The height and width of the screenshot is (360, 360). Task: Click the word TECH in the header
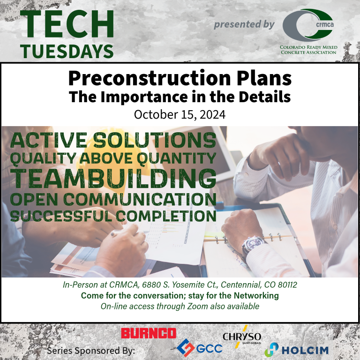point(67,24)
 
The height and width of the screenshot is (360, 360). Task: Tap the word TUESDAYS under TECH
point(67,51)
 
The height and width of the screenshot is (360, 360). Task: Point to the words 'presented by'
point(244,24)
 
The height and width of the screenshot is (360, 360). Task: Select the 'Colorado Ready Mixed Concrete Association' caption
point(308,50)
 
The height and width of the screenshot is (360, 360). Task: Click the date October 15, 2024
point(180,114)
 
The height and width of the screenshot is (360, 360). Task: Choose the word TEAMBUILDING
point(113,179)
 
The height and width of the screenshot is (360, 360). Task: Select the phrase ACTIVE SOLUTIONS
point(113,140)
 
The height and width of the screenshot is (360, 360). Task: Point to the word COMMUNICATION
point(140,199)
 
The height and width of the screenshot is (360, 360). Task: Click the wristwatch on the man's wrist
point(253,245)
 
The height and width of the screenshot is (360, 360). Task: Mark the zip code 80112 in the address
point(287,285)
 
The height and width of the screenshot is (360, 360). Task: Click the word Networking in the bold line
point(256,295)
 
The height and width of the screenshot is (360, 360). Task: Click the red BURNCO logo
point(149,333)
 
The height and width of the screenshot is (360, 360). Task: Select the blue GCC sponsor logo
point(199,348)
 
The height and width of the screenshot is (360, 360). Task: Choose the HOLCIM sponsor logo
point(296,350)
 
